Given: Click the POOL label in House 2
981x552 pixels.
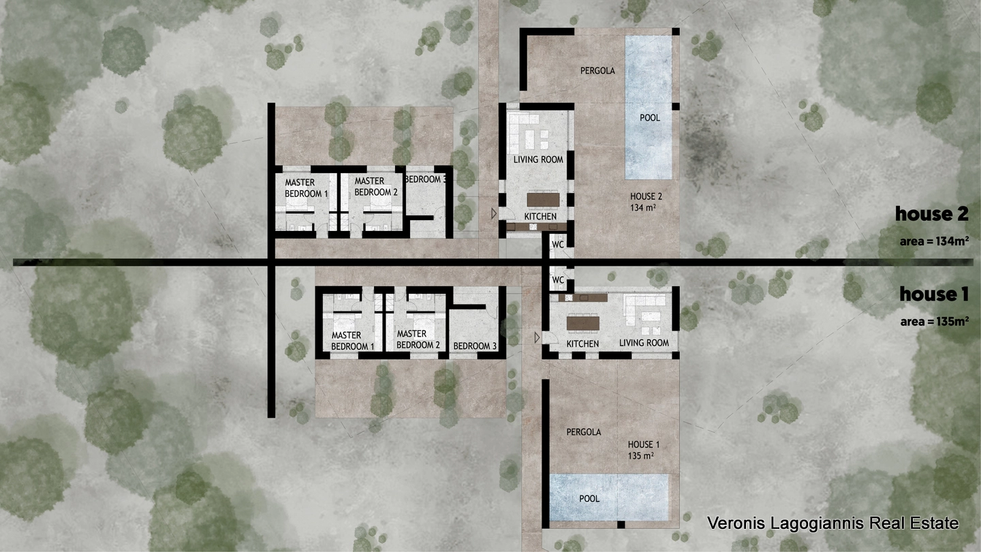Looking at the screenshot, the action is [x=649, y=118].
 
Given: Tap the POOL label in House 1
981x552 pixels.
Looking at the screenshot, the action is [x=589, y=499].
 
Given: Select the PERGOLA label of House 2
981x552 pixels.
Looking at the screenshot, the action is [x=597, y=71].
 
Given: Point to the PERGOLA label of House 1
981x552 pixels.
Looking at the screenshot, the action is [x=583, y=432].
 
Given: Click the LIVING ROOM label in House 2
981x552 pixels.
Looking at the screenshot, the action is [x=538, y=159].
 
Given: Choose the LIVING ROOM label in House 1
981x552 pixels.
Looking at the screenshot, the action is [x=644, y=343].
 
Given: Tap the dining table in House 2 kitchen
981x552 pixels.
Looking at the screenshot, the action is [x=543, y=200].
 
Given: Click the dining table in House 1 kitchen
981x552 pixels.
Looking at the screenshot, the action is [x=583, y=324].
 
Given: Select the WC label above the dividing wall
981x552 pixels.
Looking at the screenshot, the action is [x=557, y=245].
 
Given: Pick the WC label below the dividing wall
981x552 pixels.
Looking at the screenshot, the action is [x=557, y=280].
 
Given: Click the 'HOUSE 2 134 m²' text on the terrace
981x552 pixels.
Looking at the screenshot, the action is [x=646, y=202].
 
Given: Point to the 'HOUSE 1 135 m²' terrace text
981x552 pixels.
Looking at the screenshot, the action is [x=643, y=450].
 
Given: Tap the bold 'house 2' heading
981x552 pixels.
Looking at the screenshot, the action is [x=931, y=214].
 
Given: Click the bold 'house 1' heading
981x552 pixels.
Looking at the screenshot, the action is [x=934, y=294].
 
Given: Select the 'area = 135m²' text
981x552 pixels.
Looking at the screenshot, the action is [x=934, y=322].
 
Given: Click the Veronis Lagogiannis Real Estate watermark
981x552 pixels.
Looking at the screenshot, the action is [x=833, y=523].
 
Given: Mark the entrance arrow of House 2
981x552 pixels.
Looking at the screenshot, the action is [x=493, y=214].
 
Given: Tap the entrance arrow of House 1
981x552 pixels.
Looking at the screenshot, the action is [x=537, y=338].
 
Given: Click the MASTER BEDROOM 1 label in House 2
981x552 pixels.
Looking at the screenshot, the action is [x=306, y=188].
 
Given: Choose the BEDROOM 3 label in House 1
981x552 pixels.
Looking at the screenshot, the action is [x=475, y=346].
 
